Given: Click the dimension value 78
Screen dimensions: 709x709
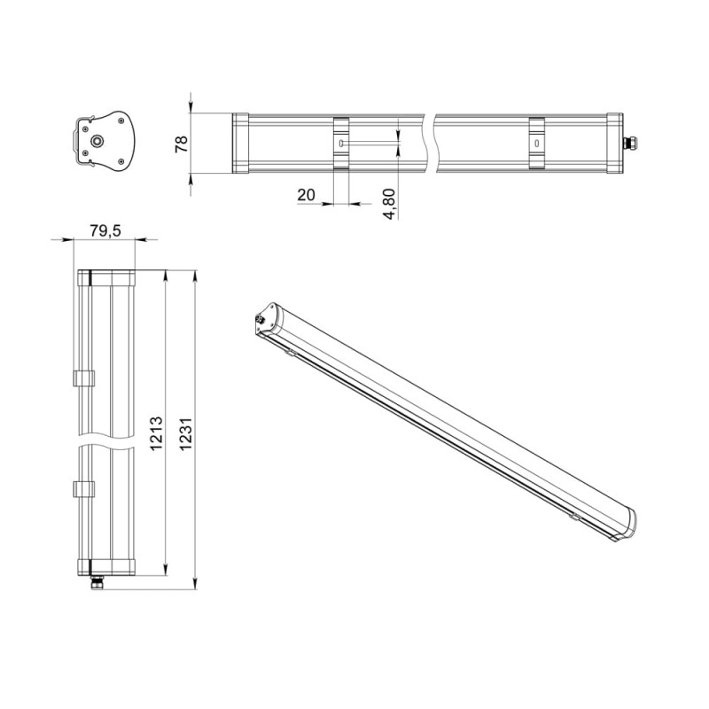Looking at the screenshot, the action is [182, 144].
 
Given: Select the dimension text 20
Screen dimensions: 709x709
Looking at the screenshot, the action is [306, 195].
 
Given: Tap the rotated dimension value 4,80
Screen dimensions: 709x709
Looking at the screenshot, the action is [389, 205].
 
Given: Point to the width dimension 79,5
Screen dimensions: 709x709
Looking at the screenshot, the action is [105, 230].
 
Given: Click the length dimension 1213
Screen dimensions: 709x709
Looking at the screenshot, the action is [156, 433].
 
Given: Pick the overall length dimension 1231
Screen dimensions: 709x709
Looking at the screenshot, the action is [186, 434].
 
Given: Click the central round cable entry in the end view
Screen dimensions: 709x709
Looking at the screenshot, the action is [97, 142].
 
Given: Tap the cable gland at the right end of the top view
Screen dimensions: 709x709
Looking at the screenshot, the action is [629, 144].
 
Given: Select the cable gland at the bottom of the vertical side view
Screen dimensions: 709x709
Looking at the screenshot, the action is [97, 582].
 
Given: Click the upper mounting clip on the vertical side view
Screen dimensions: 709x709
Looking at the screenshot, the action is [84, 378].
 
